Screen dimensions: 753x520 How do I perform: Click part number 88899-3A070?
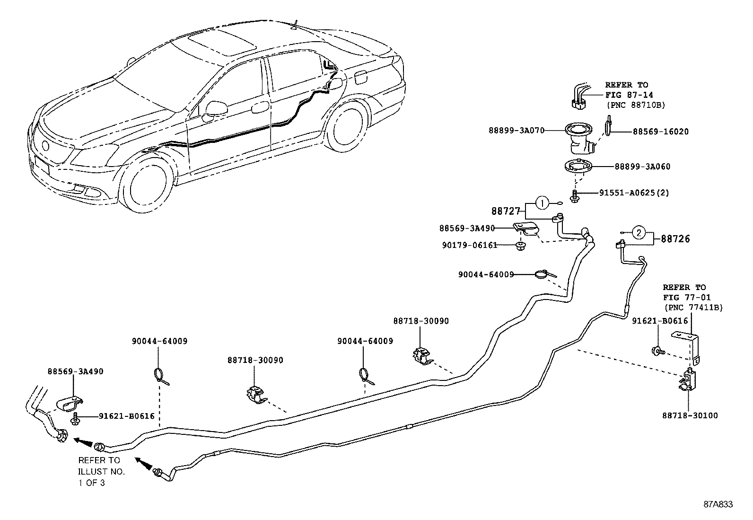(517, 131)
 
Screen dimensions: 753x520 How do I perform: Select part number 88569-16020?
(661, 132)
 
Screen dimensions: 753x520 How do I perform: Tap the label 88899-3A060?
(642, 167)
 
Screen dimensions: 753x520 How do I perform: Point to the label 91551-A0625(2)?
(634, 193)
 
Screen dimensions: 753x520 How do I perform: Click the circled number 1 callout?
(542, 203)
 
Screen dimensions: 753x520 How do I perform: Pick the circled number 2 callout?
(639, 232)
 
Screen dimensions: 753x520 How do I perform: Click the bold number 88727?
(506, 211)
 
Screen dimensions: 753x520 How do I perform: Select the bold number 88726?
(675, 239)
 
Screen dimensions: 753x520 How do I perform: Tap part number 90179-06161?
(470, 246)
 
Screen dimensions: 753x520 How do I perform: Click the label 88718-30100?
(690, 416)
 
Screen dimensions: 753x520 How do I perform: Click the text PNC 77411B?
(693, 308)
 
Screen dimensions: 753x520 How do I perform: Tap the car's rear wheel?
(346, 127)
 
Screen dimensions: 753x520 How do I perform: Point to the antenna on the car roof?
(295, 25)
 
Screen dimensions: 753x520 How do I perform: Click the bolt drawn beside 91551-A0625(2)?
(575, 196)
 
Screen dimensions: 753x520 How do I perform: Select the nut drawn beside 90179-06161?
(520, 247)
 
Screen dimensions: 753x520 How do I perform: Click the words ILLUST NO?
(101, 472)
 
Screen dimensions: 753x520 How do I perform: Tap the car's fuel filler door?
(360, 78)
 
